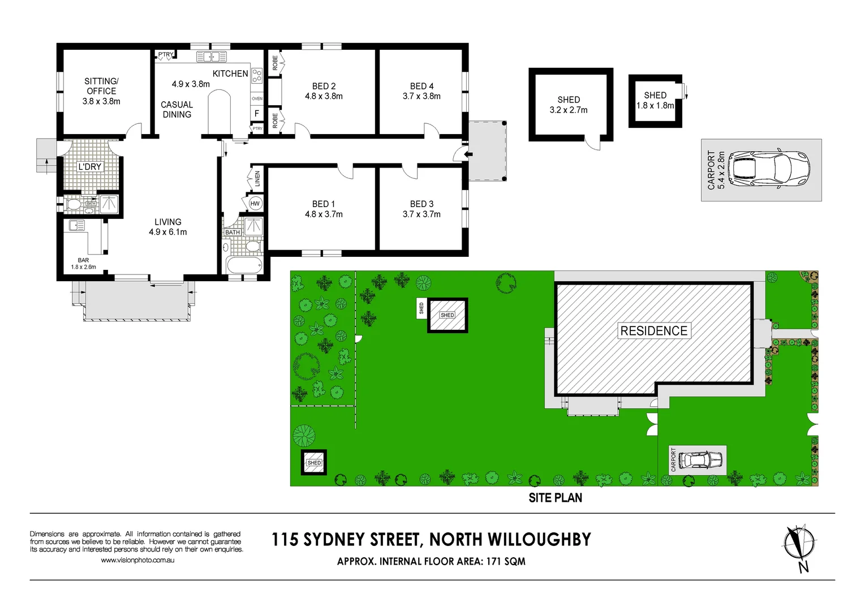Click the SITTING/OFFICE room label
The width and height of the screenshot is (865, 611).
[x=101, y=86]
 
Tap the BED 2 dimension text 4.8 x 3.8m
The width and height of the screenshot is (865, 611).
[x=324, y=96]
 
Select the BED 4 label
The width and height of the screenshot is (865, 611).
[x=421, y=86]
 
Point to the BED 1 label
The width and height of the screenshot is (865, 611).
[x=324, y=204]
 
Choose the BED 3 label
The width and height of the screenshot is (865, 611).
[x=421, y=204]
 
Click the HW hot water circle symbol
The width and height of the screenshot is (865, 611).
[x=255, y=204]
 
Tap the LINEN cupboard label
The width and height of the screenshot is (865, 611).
[x=257, y=179]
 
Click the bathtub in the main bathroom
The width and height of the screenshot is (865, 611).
[x=244, y=265]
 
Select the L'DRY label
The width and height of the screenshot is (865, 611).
[x=90, y=167]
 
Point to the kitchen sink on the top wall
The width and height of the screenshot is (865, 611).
[x=212, y=57]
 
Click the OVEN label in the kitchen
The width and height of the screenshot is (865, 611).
[x=257, y=98]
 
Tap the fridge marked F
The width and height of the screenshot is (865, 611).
[x=257, y=114]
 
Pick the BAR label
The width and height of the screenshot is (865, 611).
[x=84, y=260]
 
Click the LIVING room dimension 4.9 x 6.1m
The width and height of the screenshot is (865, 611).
[x=168, y=232]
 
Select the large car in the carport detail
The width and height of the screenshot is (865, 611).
[x=768, y=169]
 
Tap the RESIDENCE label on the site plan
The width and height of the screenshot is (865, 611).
[x=654, y=331]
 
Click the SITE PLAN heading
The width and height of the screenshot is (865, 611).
[x=555, y=498]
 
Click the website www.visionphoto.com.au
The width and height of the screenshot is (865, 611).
[x=137, y=560]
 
